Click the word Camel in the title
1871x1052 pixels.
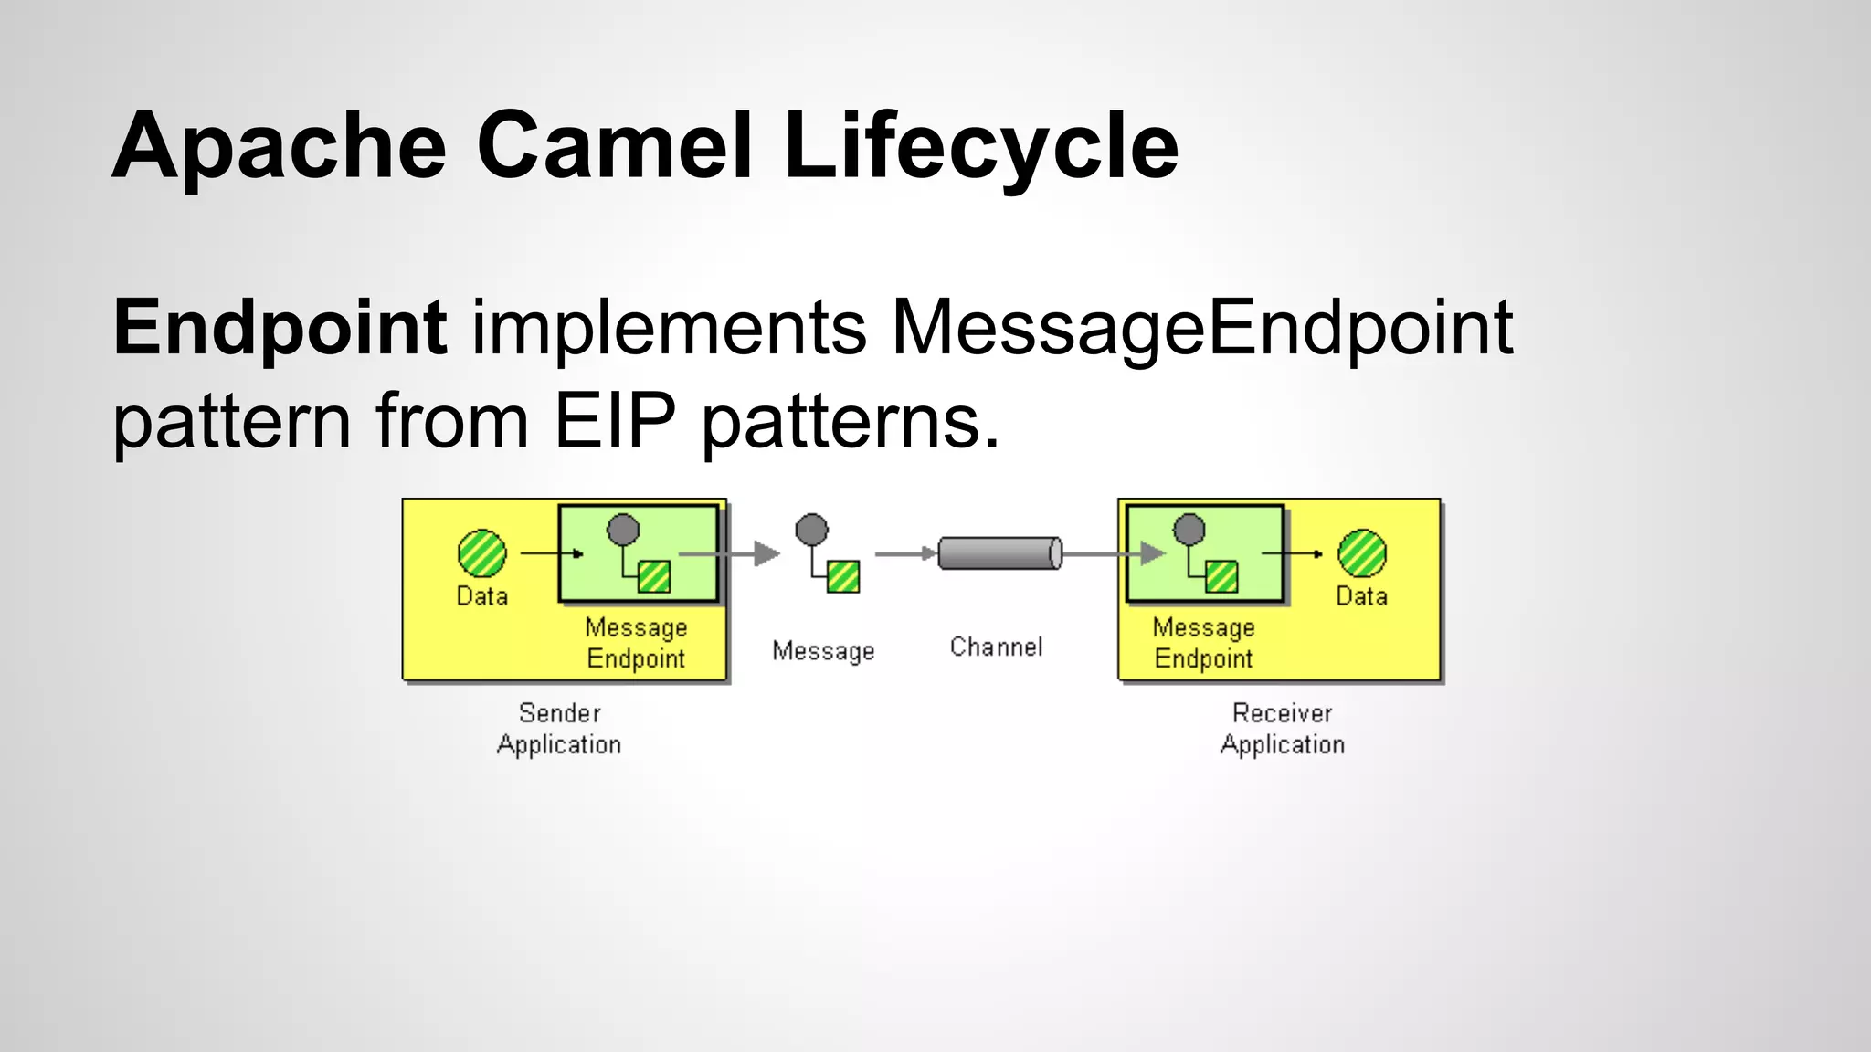(614, 146)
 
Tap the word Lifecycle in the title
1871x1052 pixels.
(980, 146)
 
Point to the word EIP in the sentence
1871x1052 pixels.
(614, 422)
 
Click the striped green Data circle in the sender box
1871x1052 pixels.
(481, 553)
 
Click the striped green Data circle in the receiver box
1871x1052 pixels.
(1361, 553)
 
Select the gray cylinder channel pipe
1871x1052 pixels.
(999, 553)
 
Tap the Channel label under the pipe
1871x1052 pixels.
(996, 647)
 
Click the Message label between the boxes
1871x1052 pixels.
(823, 651)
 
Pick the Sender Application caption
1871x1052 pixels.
(559, 729)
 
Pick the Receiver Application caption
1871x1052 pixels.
(1283, 729)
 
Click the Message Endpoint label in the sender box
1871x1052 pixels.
(636, 643)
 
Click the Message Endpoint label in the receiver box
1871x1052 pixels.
(1203, 643)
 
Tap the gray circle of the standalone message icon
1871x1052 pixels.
(811, 530)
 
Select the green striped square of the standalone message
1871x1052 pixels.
(843, 576)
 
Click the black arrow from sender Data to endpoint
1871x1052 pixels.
(552, 553)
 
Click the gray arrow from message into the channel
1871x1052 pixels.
(904, 553)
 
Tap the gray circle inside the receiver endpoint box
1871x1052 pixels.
(1189, 529)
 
